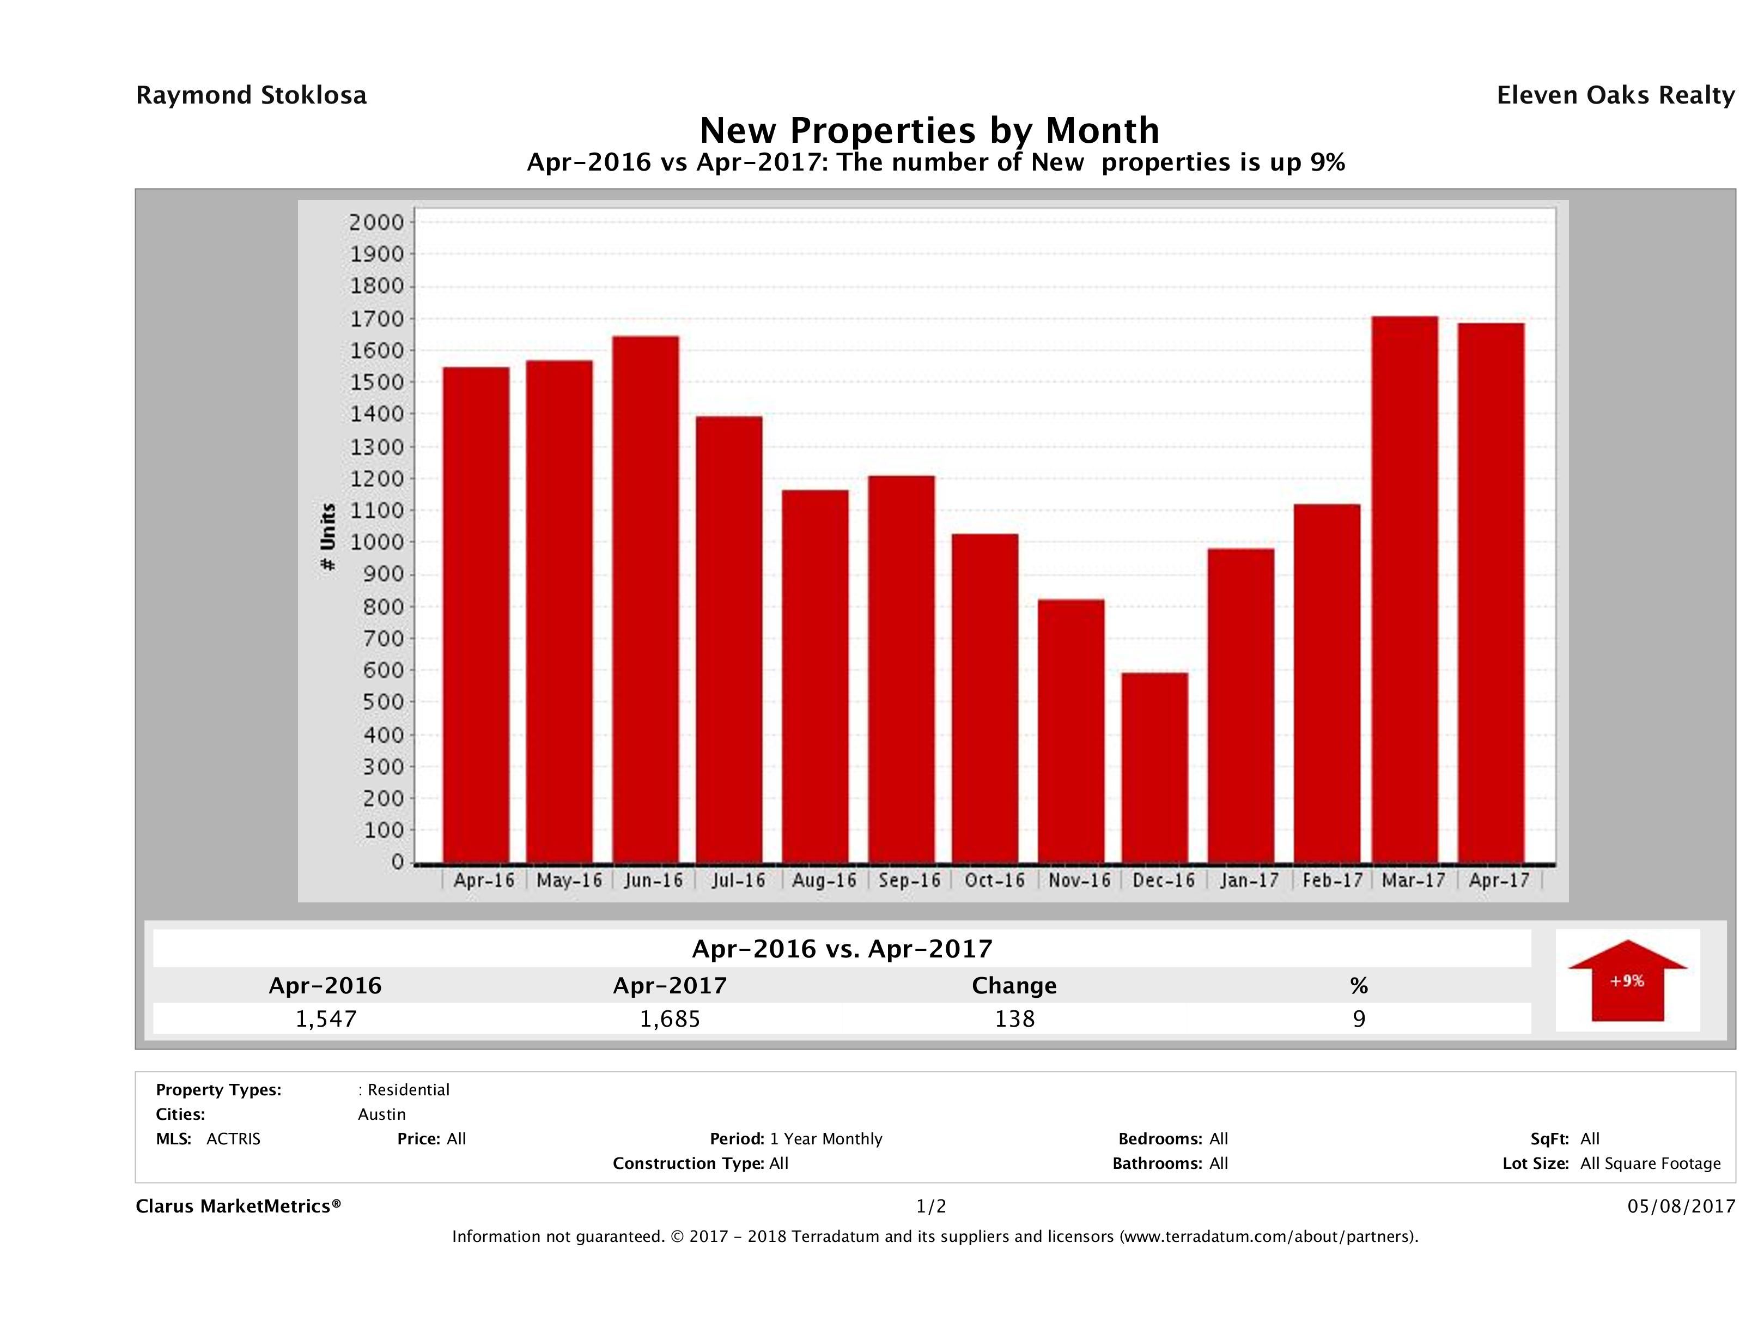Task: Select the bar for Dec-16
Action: [x=1155, y=767]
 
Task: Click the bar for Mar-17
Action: [x=1404, y=589]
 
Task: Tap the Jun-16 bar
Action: [x=646, y=599]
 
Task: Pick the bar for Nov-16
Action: [x=1070, y=731]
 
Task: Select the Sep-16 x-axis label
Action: [x=909, y=881]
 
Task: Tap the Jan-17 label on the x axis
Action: [x=1249, y=881]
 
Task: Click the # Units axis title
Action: [x=327, y=537]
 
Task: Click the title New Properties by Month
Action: [x=928, y=130]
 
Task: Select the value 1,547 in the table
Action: [x=326, y=1018]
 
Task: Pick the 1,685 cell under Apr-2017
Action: [x=670, y=1018]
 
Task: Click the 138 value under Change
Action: [x=1014, y=1018]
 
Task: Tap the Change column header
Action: [x=1014, y=986]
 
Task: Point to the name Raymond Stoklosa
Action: [x=251, y=95]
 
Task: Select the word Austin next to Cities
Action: [x=381, y=1114]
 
